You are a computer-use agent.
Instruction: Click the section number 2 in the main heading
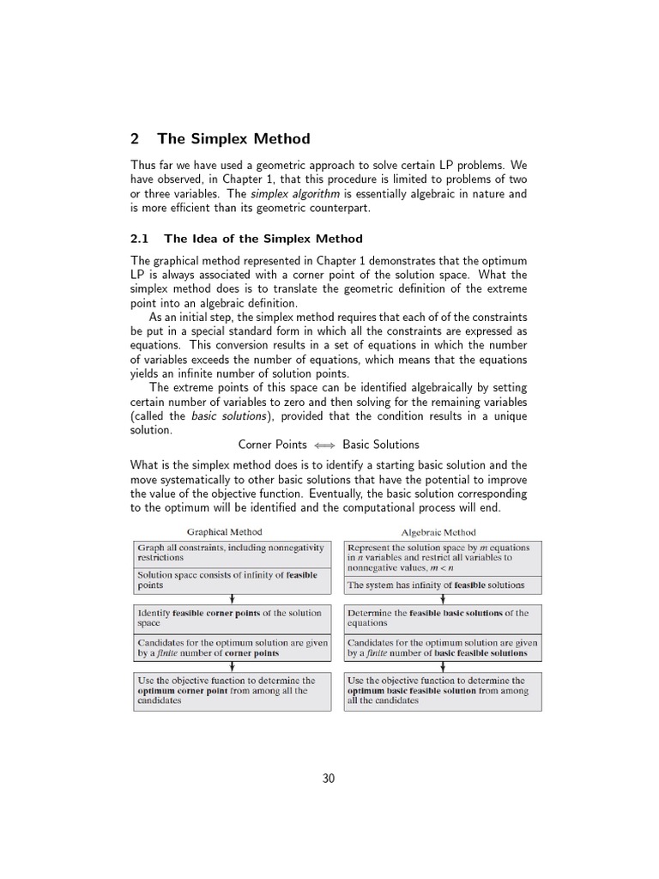[135, 139]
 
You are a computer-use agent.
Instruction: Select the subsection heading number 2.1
[140, 239]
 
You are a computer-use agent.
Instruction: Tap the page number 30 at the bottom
[329, 779]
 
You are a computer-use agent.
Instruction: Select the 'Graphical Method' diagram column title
[225, 532]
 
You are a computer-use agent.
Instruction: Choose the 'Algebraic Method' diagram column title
[438, 532]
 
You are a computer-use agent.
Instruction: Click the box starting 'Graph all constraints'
[232, 552]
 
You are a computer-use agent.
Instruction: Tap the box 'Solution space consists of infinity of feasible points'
[232, 580]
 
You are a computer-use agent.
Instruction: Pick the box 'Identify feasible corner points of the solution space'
[232, 618]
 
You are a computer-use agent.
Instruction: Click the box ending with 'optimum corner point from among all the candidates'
[232, 691]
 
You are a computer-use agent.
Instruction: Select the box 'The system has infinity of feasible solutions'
[442, 585]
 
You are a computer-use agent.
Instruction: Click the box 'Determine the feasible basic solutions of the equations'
[442, 618]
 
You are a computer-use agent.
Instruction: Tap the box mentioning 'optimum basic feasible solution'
[442, 691]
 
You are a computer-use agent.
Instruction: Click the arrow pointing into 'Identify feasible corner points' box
[232, 599]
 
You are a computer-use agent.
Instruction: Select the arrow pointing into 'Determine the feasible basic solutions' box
[442, 599]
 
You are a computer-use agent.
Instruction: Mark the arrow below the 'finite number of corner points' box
[232, 666]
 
